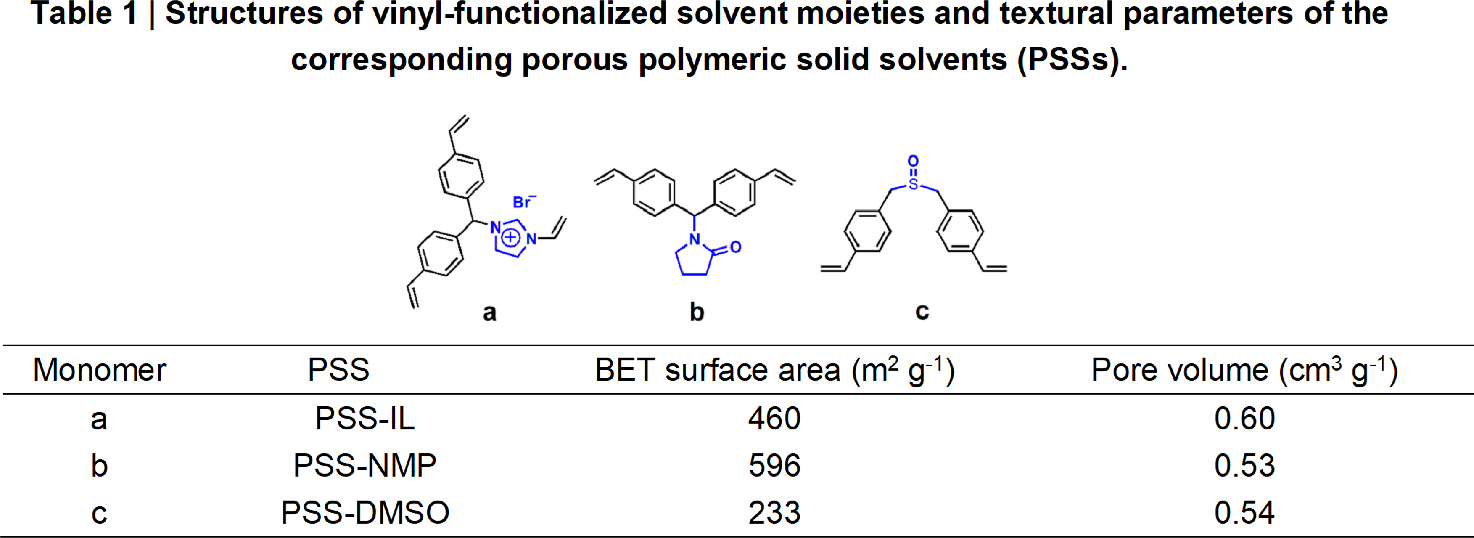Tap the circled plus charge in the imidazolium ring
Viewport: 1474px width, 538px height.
click(511, 237)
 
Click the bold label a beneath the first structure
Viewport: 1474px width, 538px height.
click(489, 313)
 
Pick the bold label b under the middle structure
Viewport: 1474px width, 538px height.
click(696, 311)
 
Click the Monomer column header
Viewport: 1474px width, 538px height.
click(100, 370)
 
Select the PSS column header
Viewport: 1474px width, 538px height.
click(339, 370)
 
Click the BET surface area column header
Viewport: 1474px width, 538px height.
click(775, 370)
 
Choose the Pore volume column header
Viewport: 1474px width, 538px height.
click(1244, 370)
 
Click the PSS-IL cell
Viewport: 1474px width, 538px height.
click(365, 419)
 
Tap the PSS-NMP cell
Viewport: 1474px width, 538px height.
click(365, 465)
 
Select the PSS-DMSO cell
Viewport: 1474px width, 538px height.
click(365, 512)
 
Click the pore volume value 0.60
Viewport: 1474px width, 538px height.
click(1244, 419)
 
